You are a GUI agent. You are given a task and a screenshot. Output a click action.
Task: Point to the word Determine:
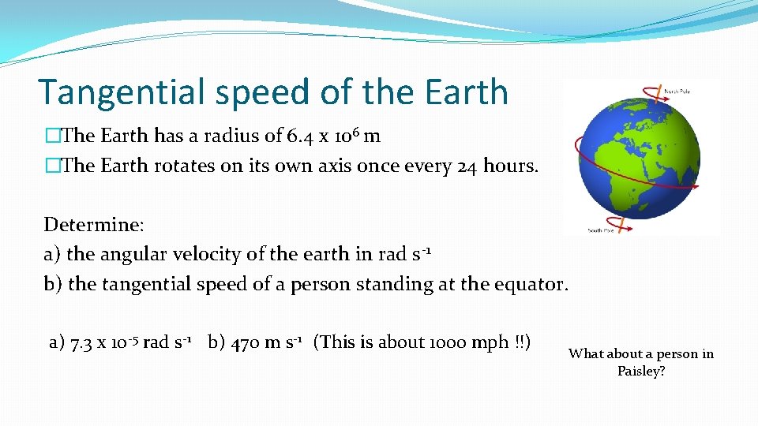[x=93, y=225]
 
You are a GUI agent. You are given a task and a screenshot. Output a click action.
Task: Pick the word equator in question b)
[x=531, y=284]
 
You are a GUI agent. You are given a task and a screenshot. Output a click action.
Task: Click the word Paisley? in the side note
[x=641, y=371]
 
